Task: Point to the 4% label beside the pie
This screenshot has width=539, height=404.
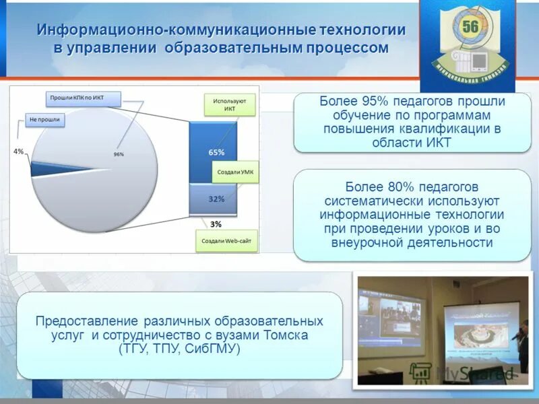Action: point(18,151)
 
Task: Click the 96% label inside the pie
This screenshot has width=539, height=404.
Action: point(119,154)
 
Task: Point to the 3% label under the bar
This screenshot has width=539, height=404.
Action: point(216,224)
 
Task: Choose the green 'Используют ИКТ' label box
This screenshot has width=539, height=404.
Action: point(229,104)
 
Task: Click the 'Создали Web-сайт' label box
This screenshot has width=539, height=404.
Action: point(227,241)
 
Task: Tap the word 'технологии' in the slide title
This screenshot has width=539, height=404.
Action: point(358,30)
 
